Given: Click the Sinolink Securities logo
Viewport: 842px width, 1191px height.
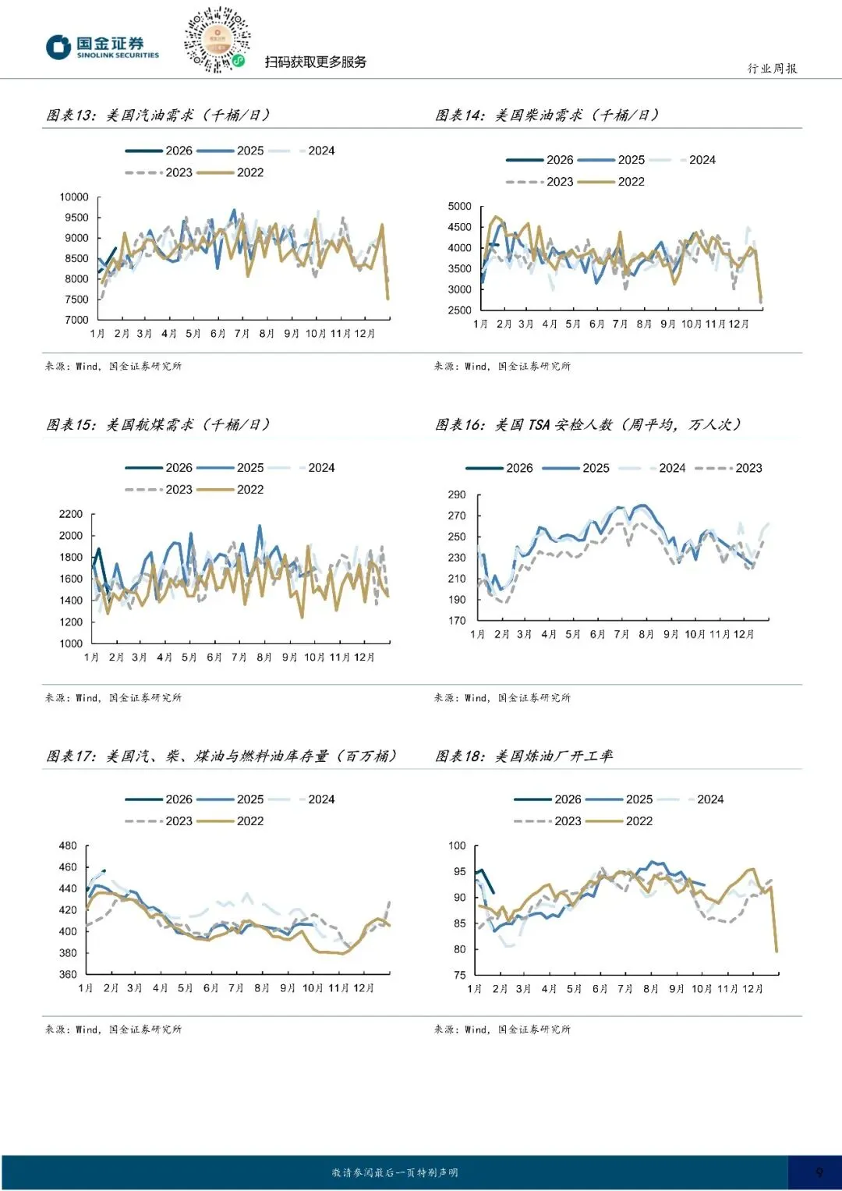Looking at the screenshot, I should (x=102, y=47).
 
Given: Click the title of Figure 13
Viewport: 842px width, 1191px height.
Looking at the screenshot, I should (x=158, y=115).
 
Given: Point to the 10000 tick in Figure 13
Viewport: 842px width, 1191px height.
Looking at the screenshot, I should (x=75, y=197).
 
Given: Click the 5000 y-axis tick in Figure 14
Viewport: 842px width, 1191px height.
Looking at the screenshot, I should (x=460, y=207).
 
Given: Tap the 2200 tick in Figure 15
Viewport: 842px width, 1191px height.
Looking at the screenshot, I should (x=71, y=515).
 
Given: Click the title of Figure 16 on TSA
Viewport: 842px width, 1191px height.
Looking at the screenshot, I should (x=588, y=425).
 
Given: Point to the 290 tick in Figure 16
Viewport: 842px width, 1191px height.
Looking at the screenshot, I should (x=457, y=495).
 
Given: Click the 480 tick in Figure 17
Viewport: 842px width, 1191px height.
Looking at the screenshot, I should (x=69, y=846).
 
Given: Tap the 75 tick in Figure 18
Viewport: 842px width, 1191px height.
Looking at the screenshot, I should (x=459, y=975).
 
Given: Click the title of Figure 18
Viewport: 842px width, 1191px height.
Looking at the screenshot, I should (x=524, y=756).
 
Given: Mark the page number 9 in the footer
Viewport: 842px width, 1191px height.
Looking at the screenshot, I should (x=819, y=1172).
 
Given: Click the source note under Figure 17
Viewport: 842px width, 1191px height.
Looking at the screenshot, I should (x=113, y=1030).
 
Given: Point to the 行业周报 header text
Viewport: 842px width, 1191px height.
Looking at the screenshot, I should (x=772, y=69).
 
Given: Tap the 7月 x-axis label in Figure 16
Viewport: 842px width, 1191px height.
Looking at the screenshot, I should (x=621, y=635).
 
